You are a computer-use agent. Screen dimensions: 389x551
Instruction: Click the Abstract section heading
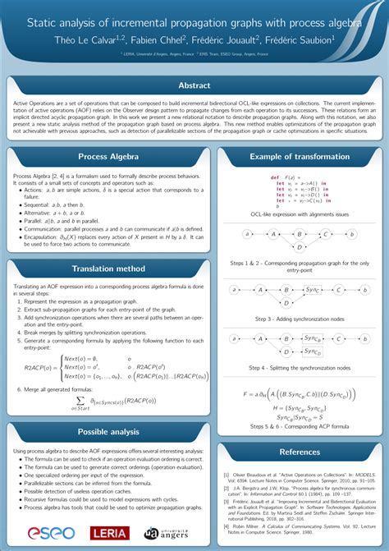tap(194, 86)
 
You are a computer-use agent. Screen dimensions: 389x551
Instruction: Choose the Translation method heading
tap(108, 269)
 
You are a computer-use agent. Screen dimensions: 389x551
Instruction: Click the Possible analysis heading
tap(108, 432)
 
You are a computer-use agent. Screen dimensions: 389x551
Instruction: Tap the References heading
tap(300, 452)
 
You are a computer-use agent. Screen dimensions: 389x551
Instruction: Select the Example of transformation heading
tap(300, 157)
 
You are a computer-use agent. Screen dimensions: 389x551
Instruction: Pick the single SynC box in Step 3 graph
tap(312, 290)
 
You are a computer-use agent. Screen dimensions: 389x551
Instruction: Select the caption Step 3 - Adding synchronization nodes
tap(300, 318)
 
